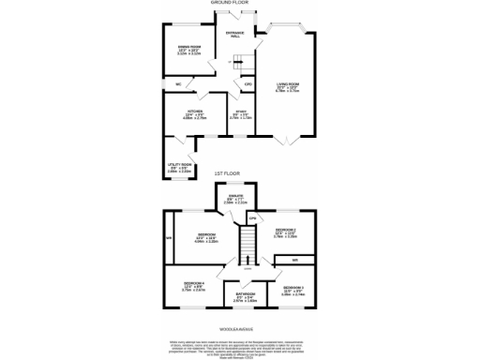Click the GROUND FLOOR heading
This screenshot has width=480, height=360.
point(240,4)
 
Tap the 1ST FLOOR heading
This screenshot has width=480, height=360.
point(240,174)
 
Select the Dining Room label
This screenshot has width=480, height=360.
point(189,48)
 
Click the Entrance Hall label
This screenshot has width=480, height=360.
point(234,35)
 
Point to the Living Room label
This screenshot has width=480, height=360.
point(287,86)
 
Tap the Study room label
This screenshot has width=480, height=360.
point(241,113)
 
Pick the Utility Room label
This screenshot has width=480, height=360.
point(178,169)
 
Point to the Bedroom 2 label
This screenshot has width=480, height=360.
point(286,231)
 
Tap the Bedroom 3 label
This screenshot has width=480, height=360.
point(293,289)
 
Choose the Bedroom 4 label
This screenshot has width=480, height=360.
point(194,285)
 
